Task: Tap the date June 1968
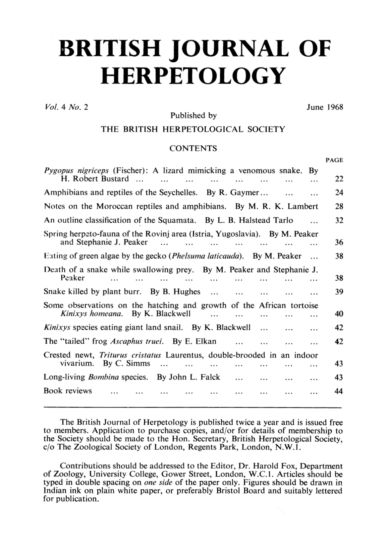[325, 107]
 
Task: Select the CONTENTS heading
[193, 148]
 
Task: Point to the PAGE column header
[334, 160]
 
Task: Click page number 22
[339, 179]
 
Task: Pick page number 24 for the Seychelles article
[339, 193]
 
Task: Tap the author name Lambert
[303, 206]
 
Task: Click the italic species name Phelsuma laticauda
[207, 256]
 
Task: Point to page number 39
[339, 292]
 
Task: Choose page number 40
[339, 314]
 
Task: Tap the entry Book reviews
[68, 391]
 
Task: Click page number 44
[339, 391]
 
